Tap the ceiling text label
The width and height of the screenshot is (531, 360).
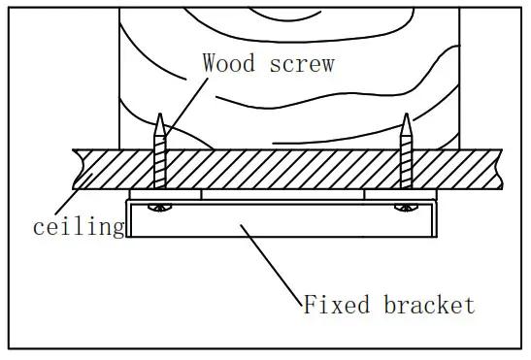click(x=79, y=228)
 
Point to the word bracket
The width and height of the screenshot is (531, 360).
click(x=428, y=306)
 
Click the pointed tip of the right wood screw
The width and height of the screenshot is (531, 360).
click(x=405, y=118)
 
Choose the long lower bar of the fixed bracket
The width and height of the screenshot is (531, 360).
click(x=282, y=224)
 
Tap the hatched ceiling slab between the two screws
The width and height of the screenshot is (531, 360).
click(x=282, y=168)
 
